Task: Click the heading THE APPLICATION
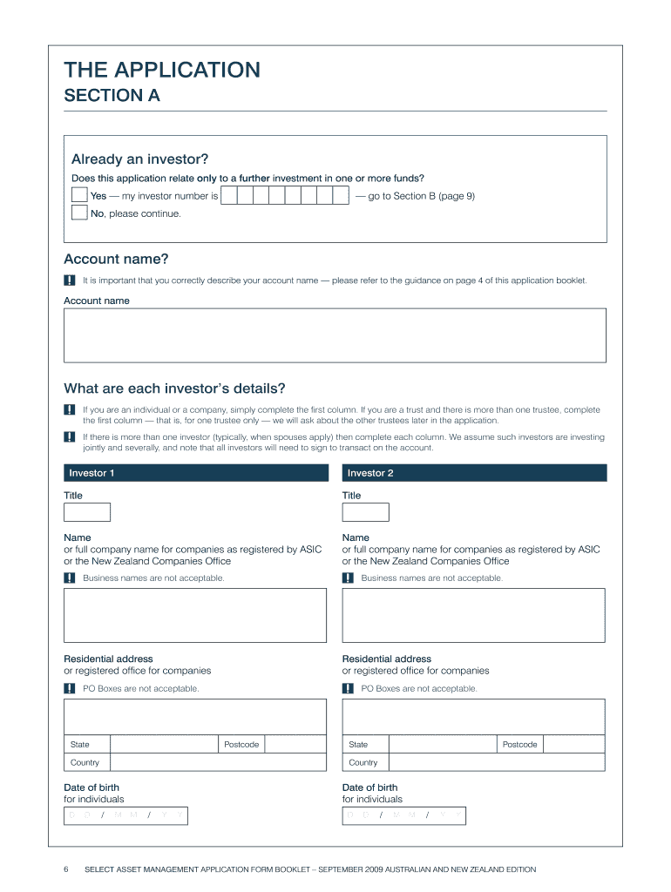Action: (162, 70)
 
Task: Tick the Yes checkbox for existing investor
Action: (79, 195)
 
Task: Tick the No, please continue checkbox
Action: (79, 213)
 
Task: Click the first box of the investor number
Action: (229, 195)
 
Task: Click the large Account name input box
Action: (335, 335)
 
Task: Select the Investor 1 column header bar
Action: (195, 473)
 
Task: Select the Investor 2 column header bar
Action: (474, 473)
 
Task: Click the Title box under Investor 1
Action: (87, 512)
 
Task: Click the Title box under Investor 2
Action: (365, 512)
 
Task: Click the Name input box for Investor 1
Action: (195, 615)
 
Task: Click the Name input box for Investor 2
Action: (473, 615)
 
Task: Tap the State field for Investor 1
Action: (163, 744)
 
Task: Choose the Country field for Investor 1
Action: (217, 762)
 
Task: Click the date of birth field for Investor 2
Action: (403, 815)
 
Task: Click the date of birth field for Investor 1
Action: (125, 815)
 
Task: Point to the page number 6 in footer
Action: (66, 869)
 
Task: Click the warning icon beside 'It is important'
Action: (69, 280)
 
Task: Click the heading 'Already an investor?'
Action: (139, 159)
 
